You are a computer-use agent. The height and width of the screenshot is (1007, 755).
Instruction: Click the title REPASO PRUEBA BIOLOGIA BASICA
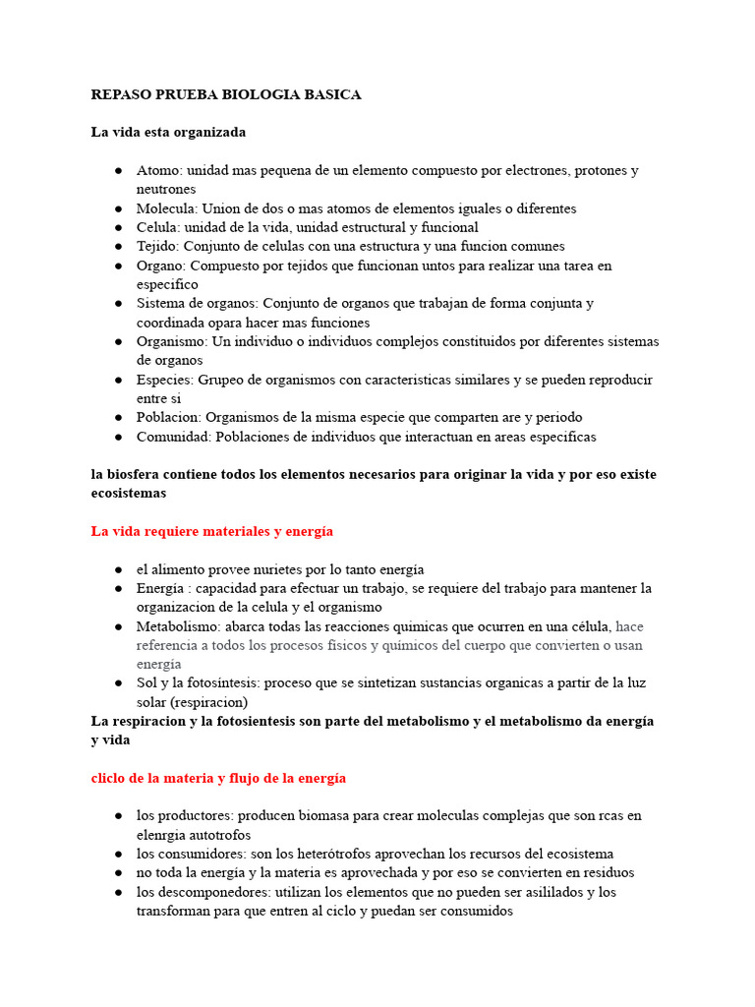[x=226, y=94]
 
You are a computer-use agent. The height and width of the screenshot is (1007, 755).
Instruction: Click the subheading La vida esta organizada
[x=168, y=132]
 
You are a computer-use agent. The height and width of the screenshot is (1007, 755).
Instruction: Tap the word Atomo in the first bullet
[x=158, y=170]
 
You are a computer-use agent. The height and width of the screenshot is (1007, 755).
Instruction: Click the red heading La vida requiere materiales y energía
[x=212, y=531]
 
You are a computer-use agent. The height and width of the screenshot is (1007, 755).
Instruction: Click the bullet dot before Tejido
[x=117, y=247]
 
